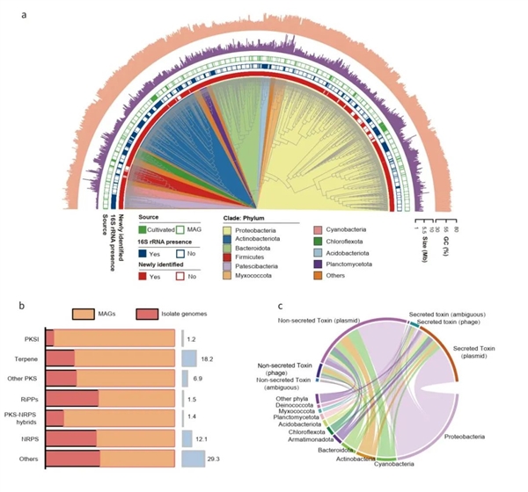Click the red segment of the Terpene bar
[x=60, y=358]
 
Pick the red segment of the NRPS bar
[x=70, y=437]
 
